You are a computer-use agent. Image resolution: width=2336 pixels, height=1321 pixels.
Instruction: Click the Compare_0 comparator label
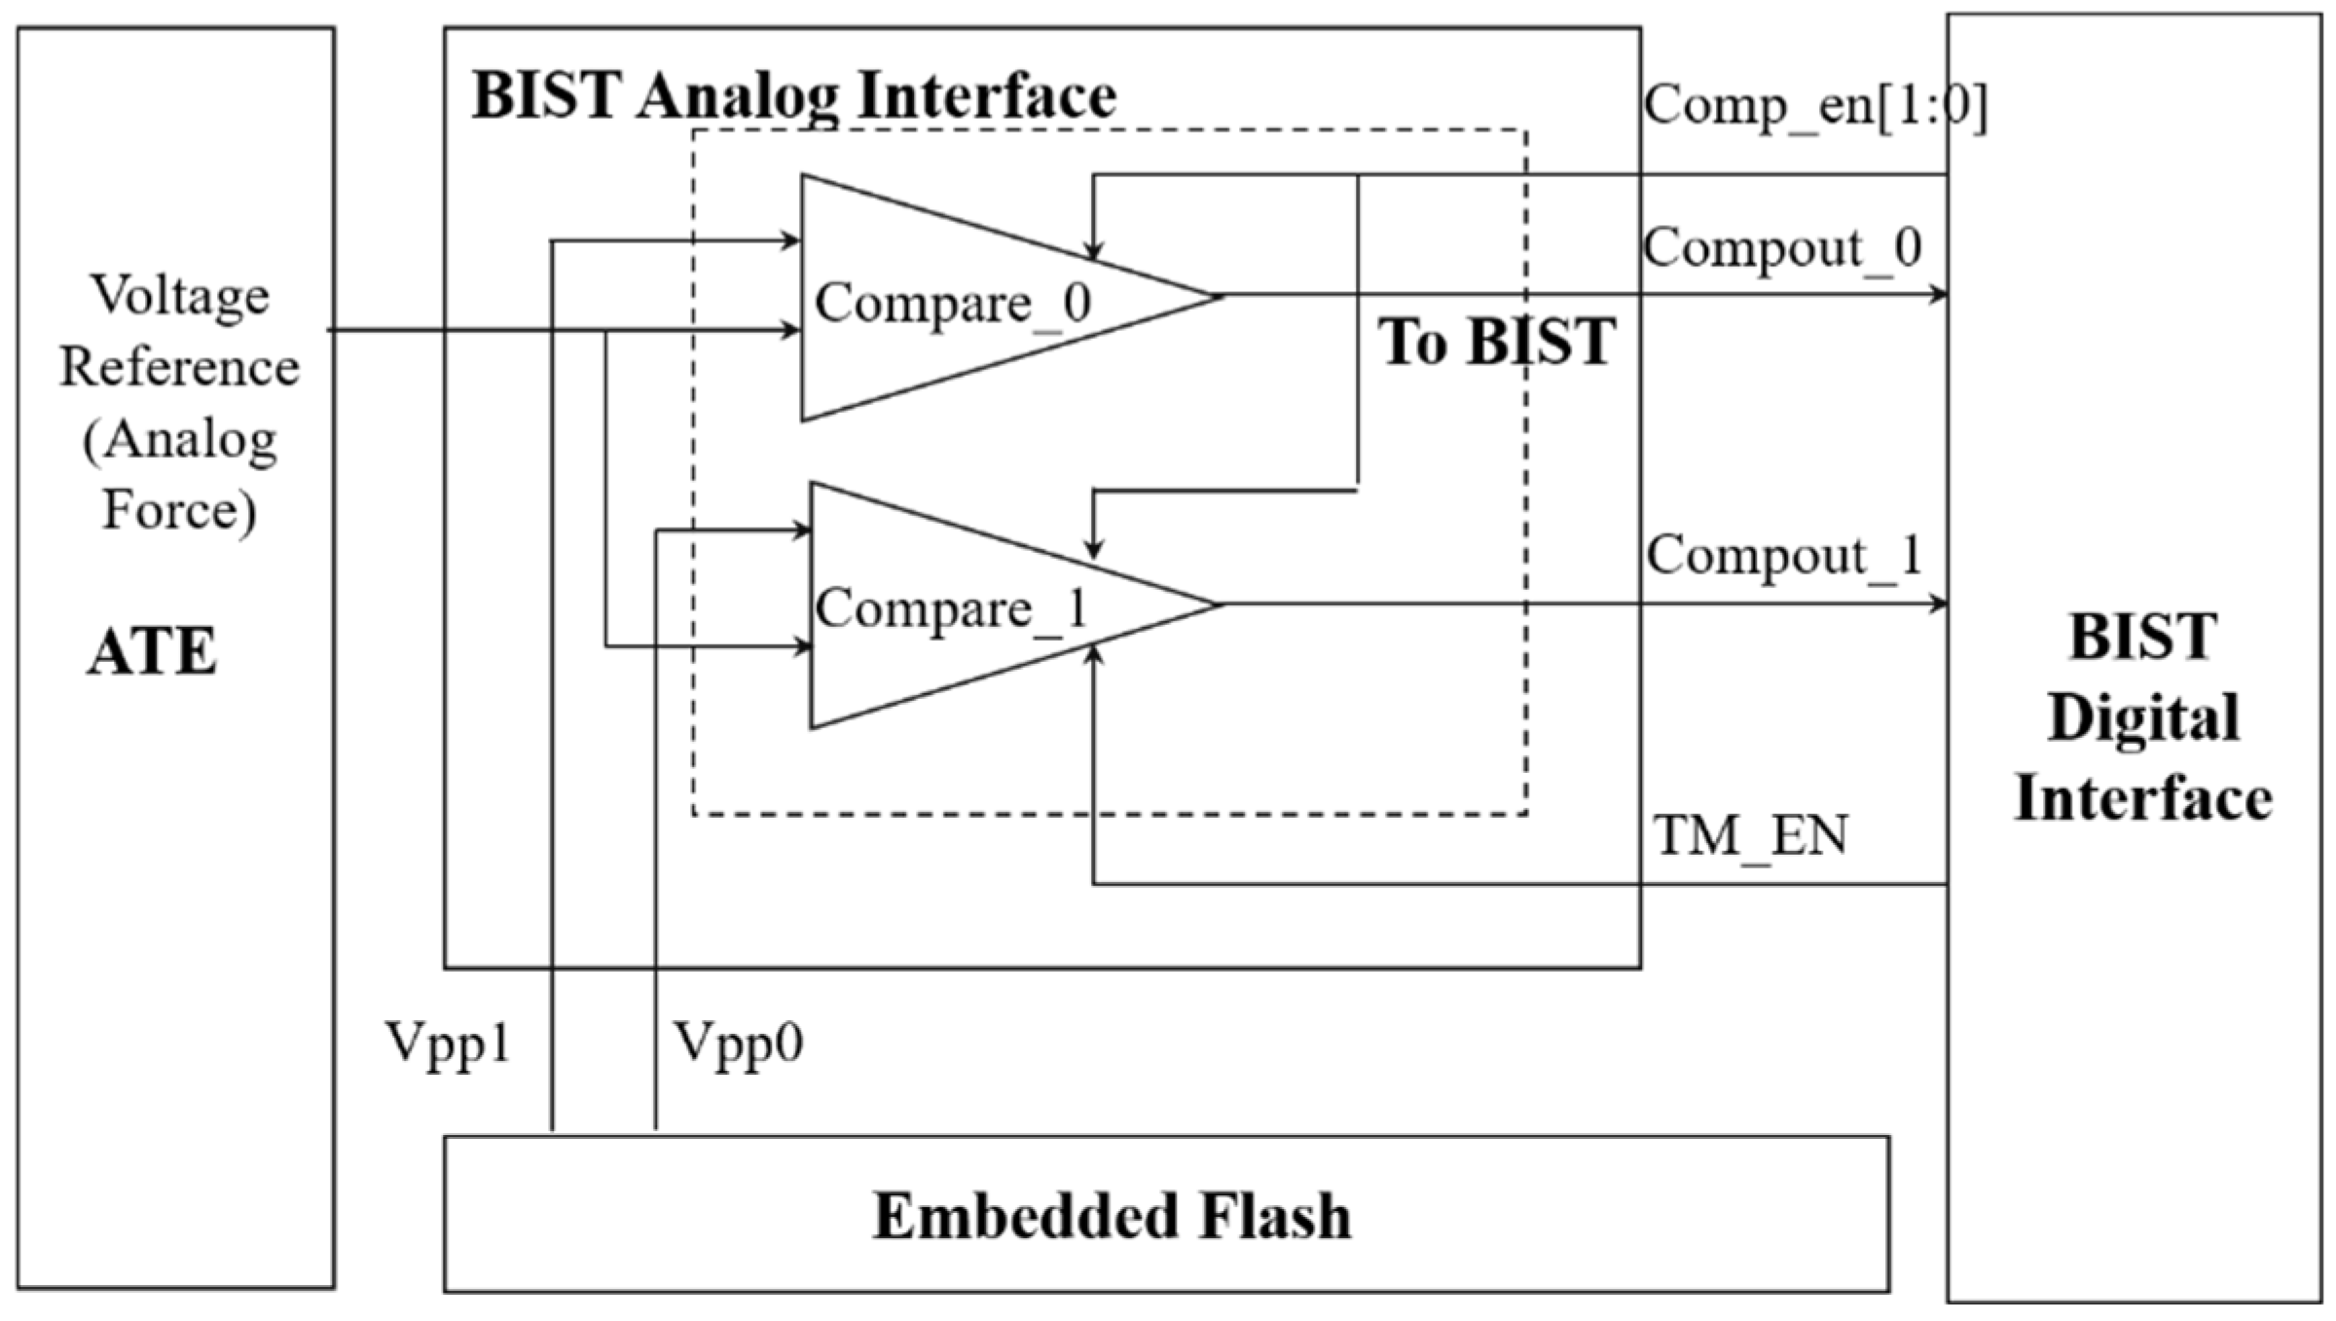[953, 303]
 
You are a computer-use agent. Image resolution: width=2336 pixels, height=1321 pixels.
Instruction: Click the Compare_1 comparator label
[951, 609]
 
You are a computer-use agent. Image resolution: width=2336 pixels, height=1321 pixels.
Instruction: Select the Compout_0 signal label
[1782, 247]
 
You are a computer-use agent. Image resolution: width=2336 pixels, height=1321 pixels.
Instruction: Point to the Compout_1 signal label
[1784, 556]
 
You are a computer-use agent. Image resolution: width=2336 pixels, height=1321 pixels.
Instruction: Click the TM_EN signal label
[1750, 835]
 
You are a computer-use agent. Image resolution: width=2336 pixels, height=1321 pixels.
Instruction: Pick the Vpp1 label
[448, 1044]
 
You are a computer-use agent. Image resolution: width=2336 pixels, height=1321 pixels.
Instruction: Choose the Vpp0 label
[739, 1044]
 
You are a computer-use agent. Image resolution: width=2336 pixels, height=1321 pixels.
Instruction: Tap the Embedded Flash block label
[1112, 1216]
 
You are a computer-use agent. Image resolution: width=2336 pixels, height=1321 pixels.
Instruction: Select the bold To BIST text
[1496, 342]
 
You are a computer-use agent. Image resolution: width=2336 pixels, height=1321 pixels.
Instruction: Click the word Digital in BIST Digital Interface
[2142, 717]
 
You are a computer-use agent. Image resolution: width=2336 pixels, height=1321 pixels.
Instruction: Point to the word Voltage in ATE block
[180, 294]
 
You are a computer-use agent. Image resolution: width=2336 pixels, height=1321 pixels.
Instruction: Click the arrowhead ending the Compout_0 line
[1938, 294]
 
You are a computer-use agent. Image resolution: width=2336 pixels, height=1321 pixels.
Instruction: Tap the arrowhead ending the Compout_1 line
[1938, 604]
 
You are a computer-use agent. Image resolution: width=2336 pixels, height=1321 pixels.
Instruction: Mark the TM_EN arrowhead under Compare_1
[1094, 655]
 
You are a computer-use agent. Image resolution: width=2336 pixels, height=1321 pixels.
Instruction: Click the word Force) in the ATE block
[180, 509]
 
